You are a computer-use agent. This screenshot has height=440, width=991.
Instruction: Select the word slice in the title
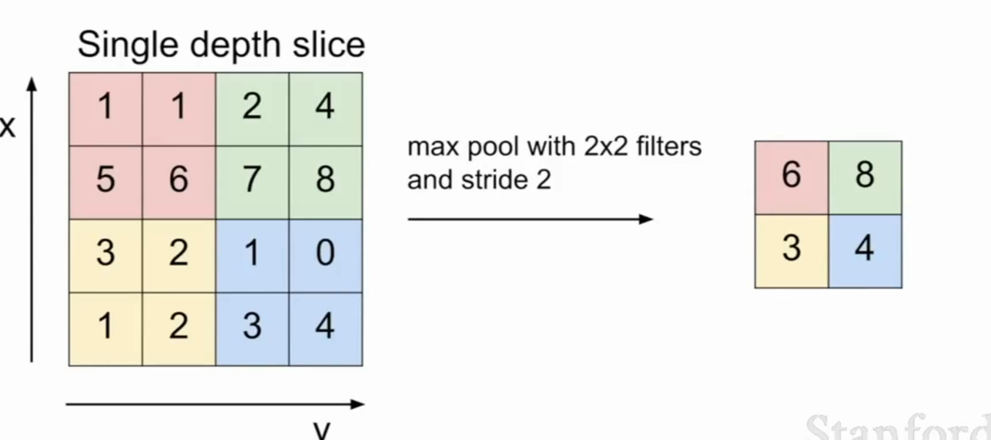[x=329, y=44]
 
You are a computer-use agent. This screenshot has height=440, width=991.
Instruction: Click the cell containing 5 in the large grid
[x=105, y=183]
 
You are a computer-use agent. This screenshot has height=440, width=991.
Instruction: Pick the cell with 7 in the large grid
[x=252, y=183]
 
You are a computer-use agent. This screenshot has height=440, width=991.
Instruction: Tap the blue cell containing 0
[x=326, y=256]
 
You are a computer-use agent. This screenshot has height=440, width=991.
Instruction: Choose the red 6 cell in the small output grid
[x=792, y=178]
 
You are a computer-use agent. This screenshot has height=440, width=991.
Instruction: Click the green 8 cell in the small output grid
[x=865, y=178]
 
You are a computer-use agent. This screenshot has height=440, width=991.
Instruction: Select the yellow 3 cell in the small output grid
[x=792, y=251]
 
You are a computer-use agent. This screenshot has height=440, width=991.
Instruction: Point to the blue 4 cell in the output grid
[x=865, y=251]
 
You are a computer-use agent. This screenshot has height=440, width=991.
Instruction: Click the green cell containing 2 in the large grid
[x=252, y=109]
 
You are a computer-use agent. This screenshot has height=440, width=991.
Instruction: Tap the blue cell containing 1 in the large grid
[x=252, y=256]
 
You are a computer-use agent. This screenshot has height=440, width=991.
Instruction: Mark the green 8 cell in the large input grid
[x=326, y=183]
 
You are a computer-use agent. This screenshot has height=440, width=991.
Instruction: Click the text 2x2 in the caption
[x=606, y=146]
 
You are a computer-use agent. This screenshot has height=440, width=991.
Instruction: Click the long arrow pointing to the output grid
[x=531, y=219]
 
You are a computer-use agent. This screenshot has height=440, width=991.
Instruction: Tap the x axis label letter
[x=8, y=127]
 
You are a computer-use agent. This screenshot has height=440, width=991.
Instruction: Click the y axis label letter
[x=322, y=429]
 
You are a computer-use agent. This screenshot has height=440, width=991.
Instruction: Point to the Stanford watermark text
[x=898, y=427]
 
